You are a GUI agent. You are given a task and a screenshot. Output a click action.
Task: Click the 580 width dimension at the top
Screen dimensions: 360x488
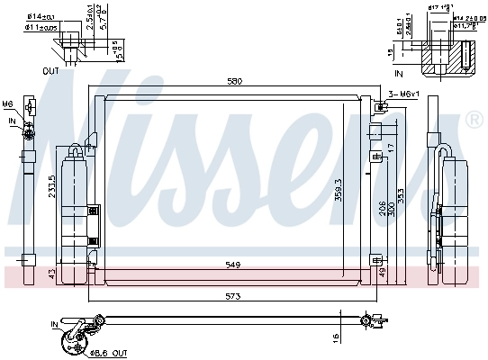click(234, 82)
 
